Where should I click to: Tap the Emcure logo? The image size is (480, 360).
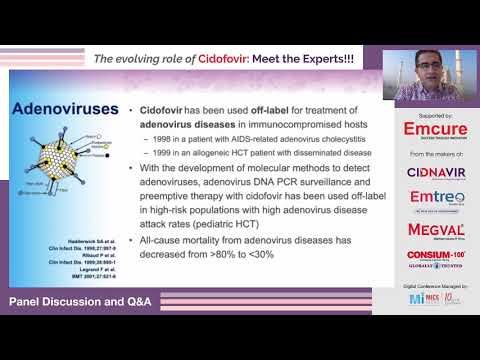pos(428,130)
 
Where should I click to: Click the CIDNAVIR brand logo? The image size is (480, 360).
pos(428,173)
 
